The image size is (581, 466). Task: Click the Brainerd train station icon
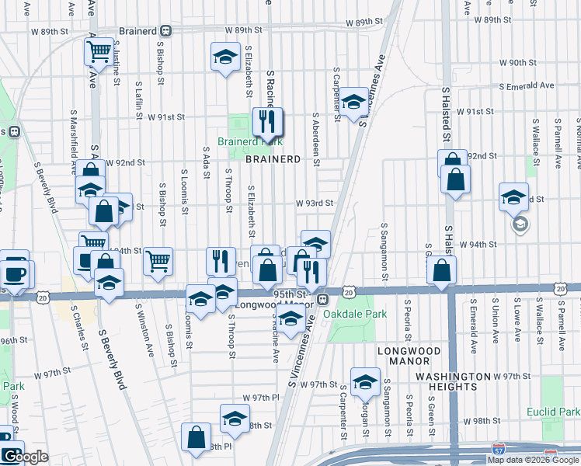point(165,32)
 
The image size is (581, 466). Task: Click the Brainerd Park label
point(249,141)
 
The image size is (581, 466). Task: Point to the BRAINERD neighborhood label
point(273,159)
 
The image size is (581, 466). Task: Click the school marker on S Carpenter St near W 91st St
point(353,103)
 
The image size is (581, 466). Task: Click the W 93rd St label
point(314,203)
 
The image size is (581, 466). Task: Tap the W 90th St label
point(519,62)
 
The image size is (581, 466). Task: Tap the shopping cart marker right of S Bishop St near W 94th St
point(158,262)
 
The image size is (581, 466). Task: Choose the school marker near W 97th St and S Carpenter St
point(364,381)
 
